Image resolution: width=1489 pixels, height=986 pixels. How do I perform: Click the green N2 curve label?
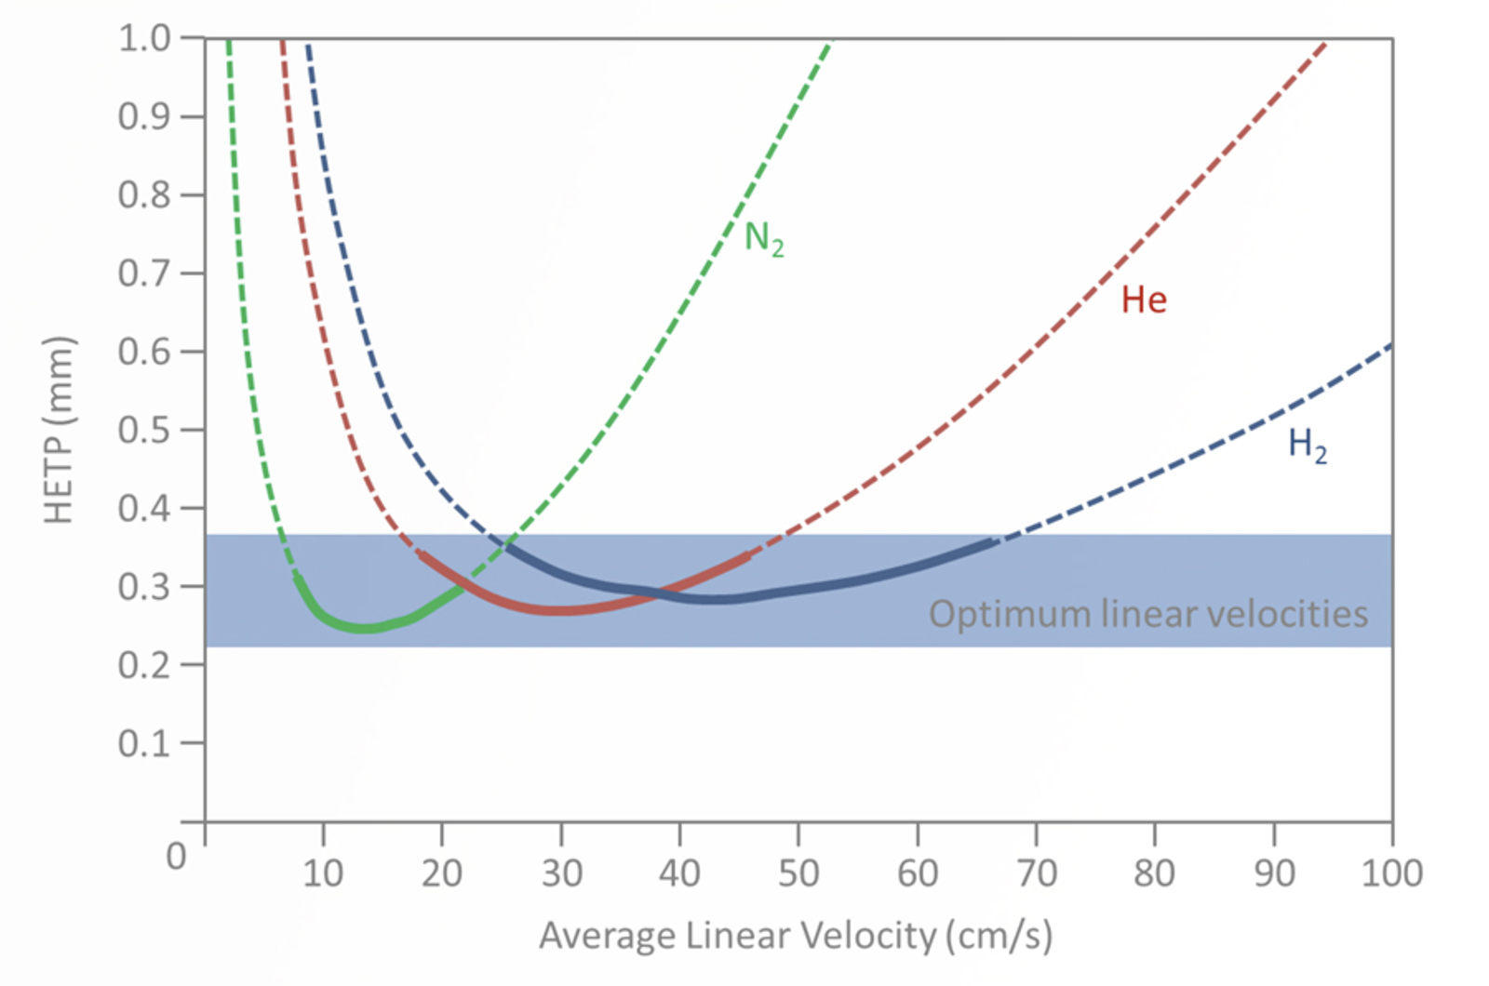(764, 239)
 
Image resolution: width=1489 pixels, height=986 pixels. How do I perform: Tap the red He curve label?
(1143, 300)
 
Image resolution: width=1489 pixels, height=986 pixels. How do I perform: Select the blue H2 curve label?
(1307, 445)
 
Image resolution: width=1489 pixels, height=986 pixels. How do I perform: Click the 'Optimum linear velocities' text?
(1147, 614)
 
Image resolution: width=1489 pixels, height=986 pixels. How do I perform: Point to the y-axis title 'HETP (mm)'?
(59, 430)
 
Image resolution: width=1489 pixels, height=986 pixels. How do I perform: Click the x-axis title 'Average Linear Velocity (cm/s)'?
(796, 935)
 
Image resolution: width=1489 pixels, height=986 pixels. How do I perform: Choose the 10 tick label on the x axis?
(323, 873)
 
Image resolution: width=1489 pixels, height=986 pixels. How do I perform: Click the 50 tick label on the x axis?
(798, 873)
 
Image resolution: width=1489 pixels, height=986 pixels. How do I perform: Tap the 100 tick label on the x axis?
(1391, 873)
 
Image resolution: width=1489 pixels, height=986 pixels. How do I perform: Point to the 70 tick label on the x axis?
(1036, 873)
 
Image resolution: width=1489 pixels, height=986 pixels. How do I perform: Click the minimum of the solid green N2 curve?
(365, 628)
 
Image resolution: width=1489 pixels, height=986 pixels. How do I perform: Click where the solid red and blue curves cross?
(658, 593)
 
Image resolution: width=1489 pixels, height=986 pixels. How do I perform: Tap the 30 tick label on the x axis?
(561, 873)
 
